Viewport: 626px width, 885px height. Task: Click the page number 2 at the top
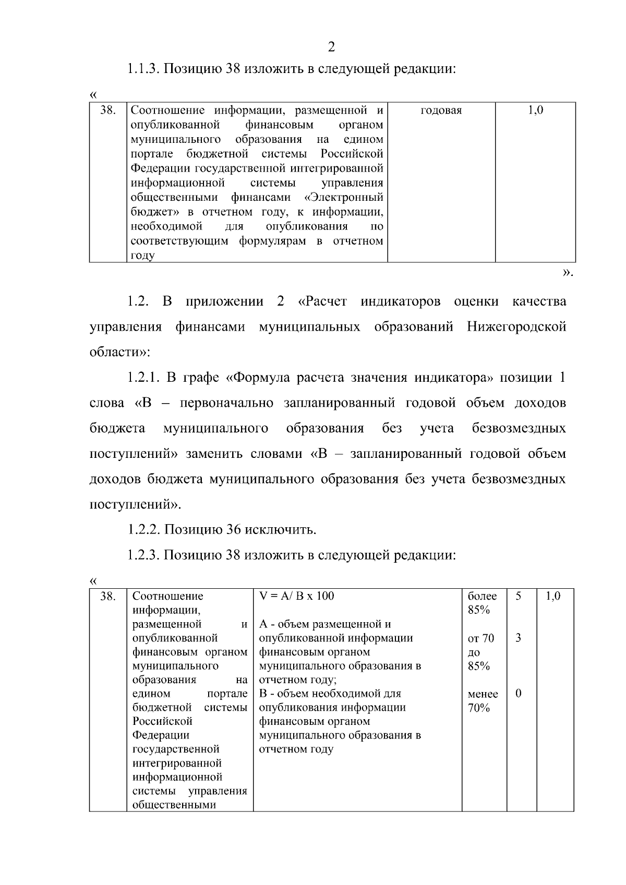tap(331, 47)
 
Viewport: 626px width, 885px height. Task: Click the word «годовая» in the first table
tap(441, 111)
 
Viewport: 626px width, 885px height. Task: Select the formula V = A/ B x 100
tap(296, 596)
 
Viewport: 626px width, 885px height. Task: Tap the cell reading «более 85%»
tap(482, 603)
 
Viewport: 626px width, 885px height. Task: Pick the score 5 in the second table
tap(519, 596)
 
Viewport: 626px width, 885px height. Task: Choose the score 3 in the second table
tap(519, 638)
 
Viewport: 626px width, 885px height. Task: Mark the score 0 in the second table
tap(519, 694)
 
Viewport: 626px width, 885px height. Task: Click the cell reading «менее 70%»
tap(483, 701)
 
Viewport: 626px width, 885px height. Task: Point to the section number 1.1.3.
tap(143, 69)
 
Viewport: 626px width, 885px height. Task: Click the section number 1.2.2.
tap(143, 530)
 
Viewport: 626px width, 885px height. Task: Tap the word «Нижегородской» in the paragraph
tap(516, 328)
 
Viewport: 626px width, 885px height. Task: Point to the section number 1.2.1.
tap(143, 378)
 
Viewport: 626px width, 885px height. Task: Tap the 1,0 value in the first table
tap(536, 111)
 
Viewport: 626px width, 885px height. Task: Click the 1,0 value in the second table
tap(553, 596)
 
